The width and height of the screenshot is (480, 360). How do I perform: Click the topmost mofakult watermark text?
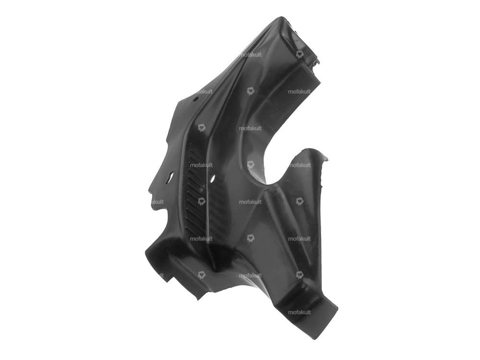(251, 55)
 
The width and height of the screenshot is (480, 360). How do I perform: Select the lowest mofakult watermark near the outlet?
(300, 312)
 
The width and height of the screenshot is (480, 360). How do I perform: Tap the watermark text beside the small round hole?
(204, 91)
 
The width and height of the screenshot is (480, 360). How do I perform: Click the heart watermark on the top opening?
(300, 54)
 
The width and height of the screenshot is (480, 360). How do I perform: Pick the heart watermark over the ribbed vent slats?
(202, 202)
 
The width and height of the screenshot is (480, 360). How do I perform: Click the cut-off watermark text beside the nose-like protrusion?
(157, 202)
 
